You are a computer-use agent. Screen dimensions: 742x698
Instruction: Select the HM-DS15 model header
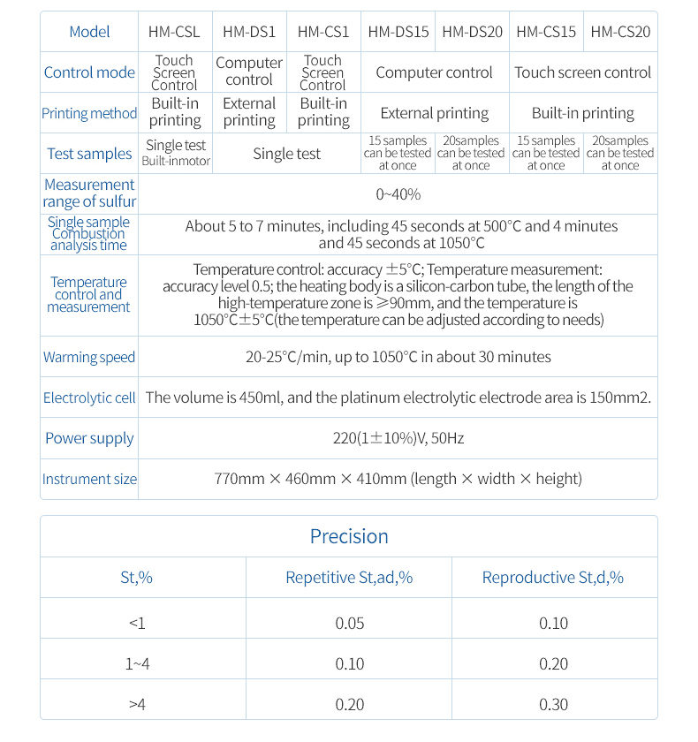(398, 32)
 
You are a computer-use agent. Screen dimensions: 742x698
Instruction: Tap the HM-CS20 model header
(620, 32)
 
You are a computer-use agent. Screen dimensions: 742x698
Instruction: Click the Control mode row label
(89, 72)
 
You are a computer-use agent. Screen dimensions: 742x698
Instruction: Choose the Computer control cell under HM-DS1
(249, 72)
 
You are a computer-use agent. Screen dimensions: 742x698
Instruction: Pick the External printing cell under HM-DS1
(249, 112)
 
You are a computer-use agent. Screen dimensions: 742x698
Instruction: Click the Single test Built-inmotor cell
(176, 153)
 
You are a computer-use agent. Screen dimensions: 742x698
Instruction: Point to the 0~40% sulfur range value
(398, 193)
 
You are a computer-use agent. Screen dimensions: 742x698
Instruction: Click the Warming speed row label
(89, 358)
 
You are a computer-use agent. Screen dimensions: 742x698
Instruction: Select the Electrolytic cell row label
(89, 398)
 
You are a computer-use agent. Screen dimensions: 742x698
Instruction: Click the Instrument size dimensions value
(398, 479)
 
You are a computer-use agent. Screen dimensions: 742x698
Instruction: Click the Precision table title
(349, 536)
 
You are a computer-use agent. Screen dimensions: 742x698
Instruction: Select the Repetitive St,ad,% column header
(349, 578)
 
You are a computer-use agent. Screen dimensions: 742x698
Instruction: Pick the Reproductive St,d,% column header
(553, 578)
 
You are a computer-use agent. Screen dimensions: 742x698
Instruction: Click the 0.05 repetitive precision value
(349, 624)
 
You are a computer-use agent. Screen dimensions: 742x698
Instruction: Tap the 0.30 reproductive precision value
(553, 704)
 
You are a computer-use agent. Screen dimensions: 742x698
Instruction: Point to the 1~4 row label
(137, 664)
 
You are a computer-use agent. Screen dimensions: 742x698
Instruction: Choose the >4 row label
(137, 704)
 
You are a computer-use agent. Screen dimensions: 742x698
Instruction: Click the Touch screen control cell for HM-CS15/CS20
(582, 72)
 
